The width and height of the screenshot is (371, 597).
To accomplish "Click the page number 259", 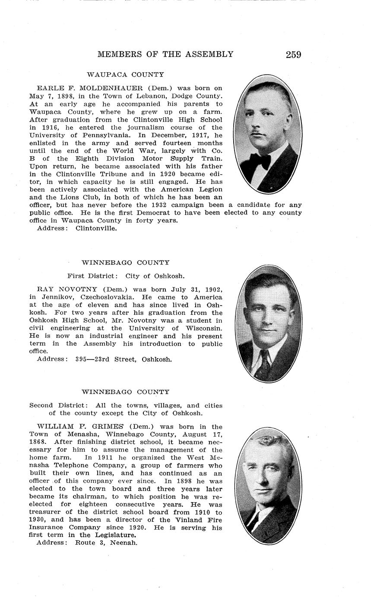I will click(x=293, y=55).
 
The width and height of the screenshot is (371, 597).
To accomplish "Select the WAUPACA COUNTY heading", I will click(x=125, y=74).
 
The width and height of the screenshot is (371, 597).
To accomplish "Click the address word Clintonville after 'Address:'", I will click(x=96, y=228).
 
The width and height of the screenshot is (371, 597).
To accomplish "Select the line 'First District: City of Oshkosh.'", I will click(x=126, y=276).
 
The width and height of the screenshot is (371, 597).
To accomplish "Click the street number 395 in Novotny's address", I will click(x=81, y=359).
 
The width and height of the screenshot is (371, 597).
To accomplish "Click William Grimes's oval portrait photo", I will click(x=268, y=486).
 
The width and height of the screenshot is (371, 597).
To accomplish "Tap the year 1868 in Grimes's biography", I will click(x=39, y=442).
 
